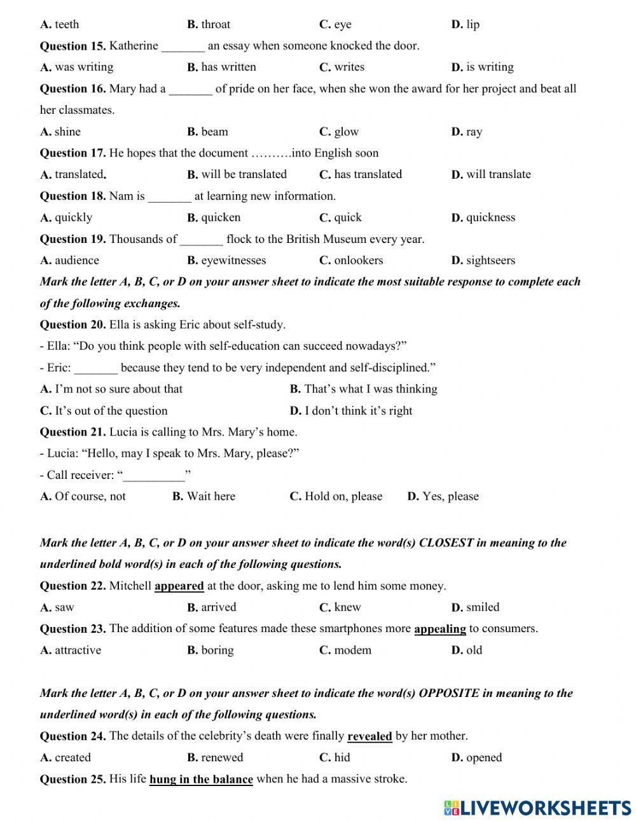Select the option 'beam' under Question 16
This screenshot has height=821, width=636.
tap(214, 132)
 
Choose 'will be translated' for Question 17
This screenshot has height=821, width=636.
tap(244, 174)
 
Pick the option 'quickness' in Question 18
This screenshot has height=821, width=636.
tap(490, 217)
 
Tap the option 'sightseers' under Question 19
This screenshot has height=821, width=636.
tap(490, 260)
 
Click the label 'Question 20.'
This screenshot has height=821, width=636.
tap(73, 324)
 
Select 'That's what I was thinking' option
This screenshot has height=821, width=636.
tap(370, 389)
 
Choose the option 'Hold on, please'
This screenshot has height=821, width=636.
tap(343, 496)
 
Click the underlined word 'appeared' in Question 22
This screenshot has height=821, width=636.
tap(179, 586)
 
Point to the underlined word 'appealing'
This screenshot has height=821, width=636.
tap(439, 628)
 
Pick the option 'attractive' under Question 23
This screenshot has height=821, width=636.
tap(78, 650)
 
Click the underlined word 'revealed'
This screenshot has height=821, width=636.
tap(370, 736)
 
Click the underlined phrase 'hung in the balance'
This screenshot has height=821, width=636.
tap(201, 779)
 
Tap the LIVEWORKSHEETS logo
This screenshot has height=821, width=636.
tap(537, 808)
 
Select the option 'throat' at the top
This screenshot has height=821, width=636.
tap(216, 24)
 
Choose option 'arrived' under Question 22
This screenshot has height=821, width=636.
tap(218, 607)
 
